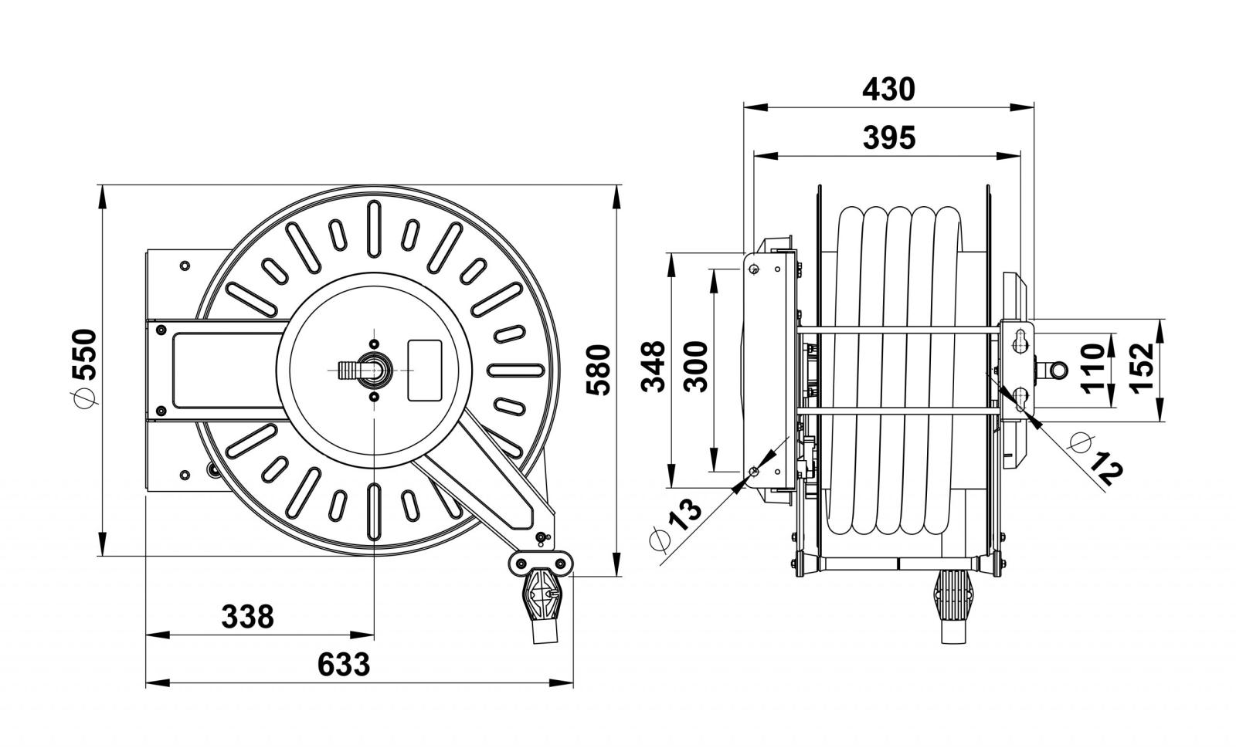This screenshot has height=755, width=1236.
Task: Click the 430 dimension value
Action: (x=888, y=90)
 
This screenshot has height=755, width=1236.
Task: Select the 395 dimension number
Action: (x=889, y=138)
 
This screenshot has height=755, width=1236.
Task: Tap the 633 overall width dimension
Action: (x=343, y=665)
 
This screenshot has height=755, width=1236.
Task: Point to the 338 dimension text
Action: (x=247, y=617)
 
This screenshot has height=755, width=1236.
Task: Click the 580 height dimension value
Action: (x=598, y=370)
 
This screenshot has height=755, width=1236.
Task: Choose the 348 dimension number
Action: (x=654, y=367)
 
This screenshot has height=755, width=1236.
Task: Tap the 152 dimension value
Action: (x=1141, y=367)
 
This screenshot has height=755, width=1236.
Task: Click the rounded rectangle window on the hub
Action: (x=424, y=370)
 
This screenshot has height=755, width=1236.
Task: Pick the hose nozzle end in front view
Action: (x=542, y=607)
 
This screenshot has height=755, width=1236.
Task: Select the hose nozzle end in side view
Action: (x=953, y=607)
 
